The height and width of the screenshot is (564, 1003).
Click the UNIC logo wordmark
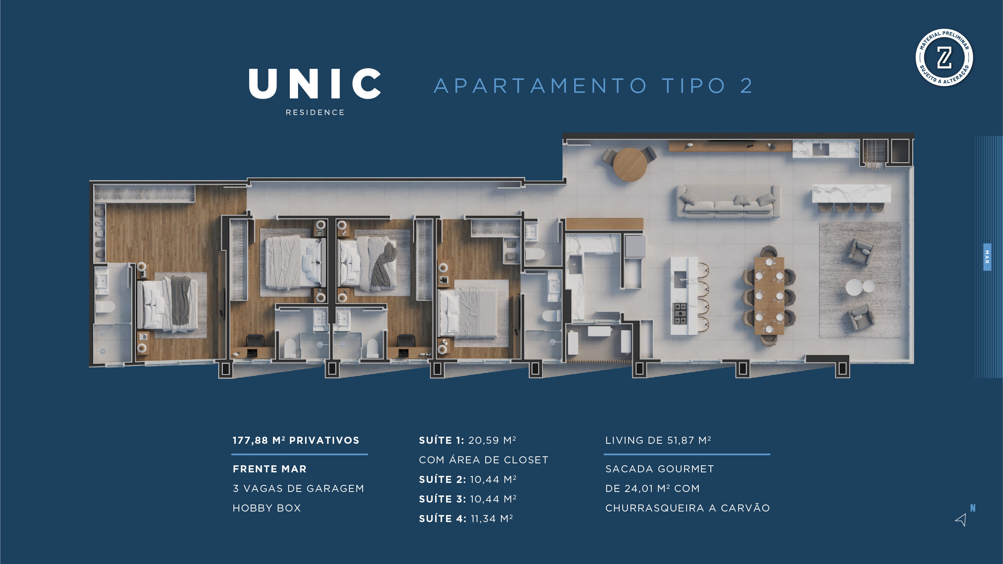315,83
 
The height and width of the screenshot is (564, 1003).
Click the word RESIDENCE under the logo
315,112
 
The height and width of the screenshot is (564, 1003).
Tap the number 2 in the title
746,86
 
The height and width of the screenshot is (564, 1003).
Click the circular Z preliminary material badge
944,58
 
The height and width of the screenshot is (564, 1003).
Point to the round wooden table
630,164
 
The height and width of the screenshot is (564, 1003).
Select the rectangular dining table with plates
769,295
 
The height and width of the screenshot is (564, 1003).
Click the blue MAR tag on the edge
987,257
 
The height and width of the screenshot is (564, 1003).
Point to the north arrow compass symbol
962,519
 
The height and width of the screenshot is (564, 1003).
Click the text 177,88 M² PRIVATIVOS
296,440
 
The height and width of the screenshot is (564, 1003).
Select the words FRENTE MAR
269,469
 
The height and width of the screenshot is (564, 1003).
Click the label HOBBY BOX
267,508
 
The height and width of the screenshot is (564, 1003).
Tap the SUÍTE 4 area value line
466,519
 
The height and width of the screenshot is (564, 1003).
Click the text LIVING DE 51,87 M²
658,440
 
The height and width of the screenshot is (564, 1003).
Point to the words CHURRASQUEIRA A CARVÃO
687,508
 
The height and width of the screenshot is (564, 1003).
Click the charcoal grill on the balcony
874,151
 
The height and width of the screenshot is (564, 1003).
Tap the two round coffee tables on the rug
860,287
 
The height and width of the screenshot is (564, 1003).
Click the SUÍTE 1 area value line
467,440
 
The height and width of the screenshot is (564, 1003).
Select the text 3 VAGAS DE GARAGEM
298,488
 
